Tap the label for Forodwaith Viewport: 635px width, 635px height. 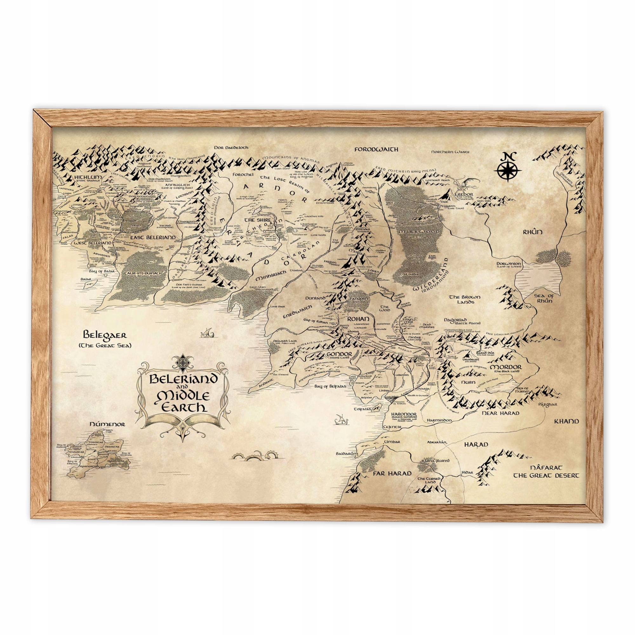tap(376, 150)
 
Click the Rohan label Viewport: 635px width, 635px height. tap(358, 319)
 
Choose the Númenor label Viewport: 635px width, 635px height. tap(107, 424)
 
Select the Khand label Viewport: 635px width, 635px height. tap(567, 421)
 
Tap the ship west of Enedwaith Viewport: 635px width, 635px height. tap(207, 333)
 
